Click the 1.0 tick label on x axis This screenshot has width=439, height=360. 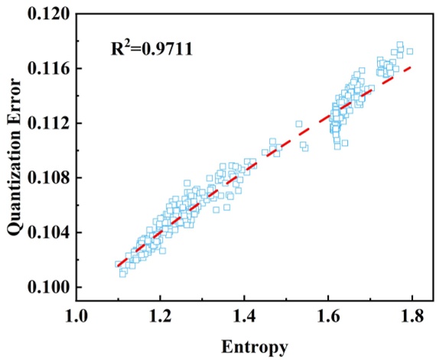(76, 315)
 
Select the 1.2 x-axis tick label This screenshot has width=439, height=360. (160, 315)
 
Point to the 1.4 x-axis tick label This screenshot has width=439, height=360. (244, 315)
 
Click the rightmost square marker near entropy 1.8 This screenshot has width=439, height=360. (410, 51)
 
